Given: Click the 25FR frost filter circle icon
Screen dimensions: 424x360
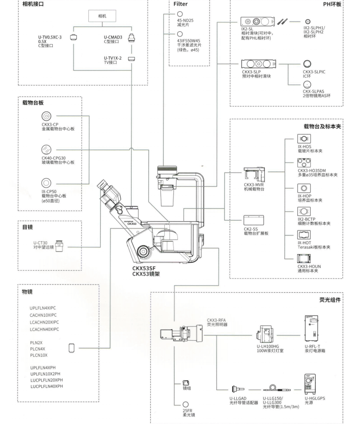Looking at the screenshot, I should (186, 405).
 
